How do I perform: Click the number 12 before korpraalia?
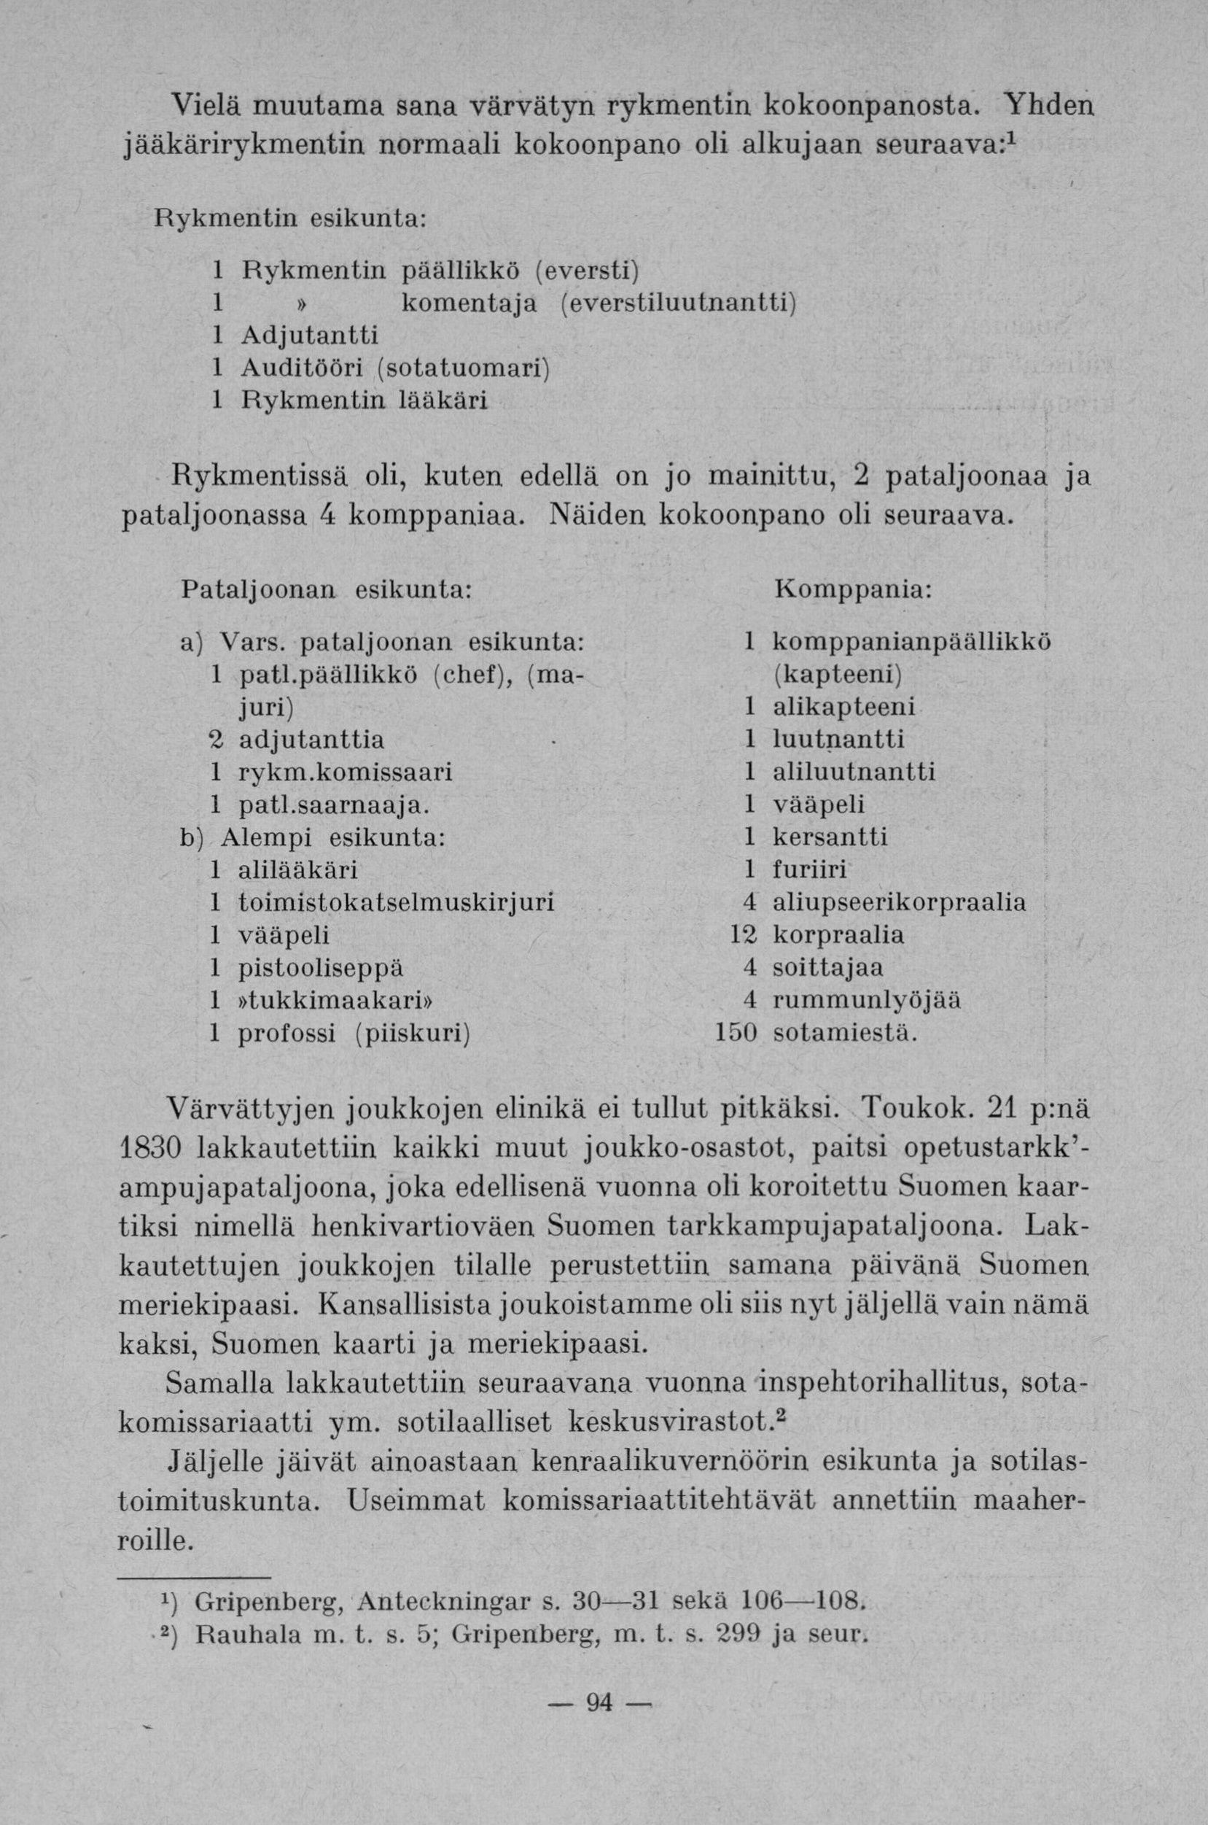(742, 934)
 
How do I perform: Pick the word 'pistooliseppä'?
(322, 967)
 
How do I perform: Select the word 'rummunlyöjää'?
(867, 999)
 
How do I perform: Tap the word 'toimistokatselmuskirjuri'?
(397, 902)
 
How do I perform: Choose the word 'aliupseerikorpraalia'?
(899, 902)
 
